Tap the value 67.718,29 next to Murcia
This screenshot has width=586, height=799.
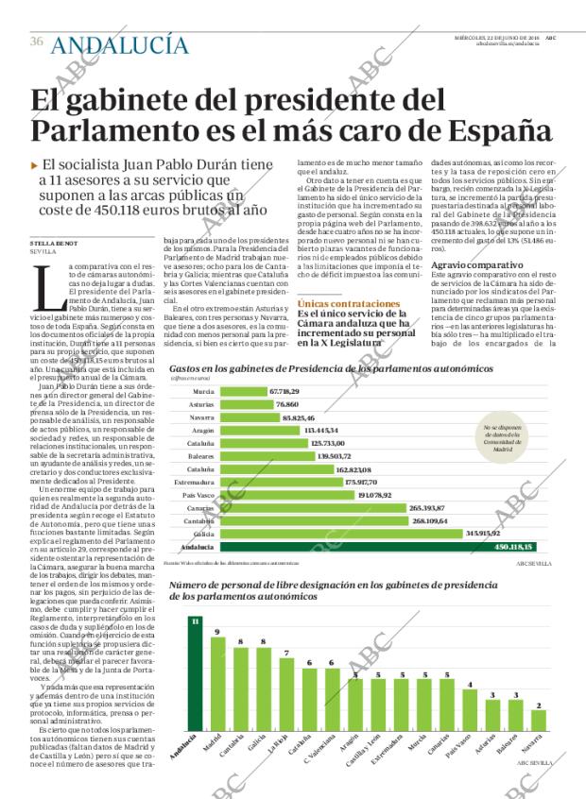[x=258, y=391]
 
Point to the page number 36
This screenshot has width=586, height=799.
[x=37, y=42]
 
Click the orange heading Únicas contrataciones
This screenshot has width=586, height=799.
[x=341, y=303]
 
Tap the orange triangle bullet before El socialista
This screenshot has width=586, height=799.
[x=35, y=164]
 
